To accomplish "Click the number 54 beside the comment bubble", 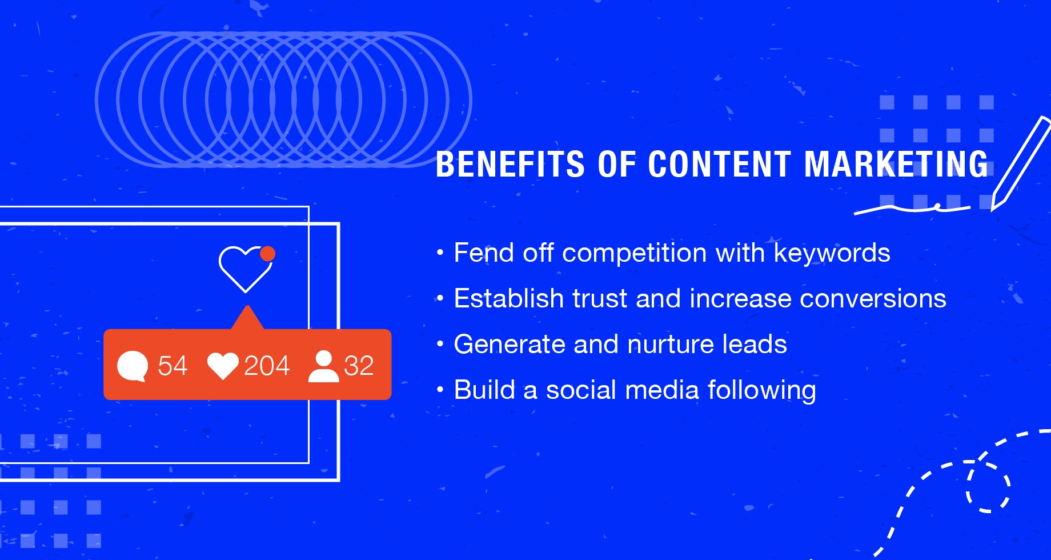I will tap(173, 366).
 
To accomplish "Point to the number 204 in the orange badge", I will tap(267, 366).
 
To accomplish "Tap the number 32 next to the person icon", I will tap(359, 366).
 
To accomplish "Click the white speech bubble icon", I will tap(133, 366).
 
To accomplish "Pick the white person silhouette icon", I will tap(323, 366).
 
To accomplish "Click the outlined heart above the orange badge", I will tap(244, 268).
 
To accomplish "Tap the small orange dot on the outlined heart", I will tap(267, 253).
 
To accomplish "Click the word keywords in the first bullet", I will tap(832, 253).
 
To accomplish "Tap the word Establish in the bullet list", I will tap(508, 299).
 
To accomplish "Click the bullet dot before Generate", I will tap(440, 344).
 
